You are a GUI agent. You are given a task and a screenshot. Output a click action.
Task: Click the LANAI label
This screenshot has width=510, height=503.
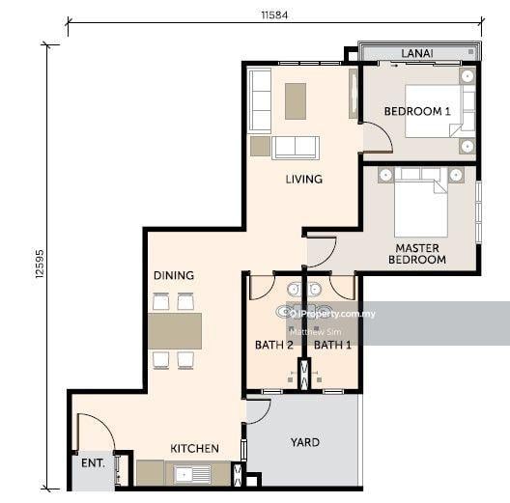tap(416, 53)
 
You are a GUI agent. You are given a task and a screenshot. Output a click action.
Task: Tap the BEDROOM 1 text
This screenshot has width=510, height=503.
tap(417, 112)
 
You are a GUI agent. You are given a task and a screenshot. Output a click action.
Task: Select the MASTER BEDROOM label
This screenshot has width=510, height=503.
tap(417, 254)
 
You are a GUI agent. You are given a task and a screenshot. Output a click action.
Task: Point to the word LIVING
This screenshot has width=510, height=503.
tap(304, 180)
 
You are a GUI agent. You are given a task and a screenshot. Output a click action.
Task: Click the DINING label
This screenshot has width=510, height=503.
tap(174, 275)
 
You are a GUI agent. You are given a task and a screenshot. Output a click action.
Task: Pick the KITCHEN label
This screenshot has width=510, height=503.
tap(194, 449)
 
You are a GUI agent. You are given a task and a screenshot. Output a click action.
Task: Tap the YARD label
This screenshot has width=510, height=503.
tap(305, 442)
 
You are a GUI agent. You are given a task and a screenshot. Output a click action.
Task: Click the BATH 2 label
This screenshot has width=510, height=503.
tap(274, 345)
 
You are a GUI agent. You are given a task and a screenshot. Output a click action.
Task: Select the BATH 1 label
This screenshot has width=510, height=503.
tap(332, 345)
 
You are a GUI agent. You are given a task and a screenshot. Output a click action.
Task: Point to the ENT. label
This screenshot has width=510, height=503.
tap(93, 463)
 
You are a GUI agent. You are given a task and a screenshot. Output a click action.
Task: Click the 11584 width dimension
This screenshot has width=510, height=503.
tap(274, 14)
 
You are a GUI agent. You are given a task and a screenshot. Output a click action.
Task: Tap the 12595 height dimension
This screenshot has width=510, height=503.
tap(40, 264)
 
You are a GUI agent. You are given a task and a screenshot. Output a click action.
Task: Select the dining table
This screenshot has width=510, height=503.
tap(175, 331)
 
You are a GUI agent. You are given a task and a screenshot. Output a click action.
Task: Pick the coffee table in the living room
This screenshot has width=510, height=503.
tap(296, 101)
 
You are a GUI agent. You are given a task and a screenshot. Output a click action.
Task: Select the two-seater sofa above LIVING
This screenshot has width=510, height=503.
tap(296, 148)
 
